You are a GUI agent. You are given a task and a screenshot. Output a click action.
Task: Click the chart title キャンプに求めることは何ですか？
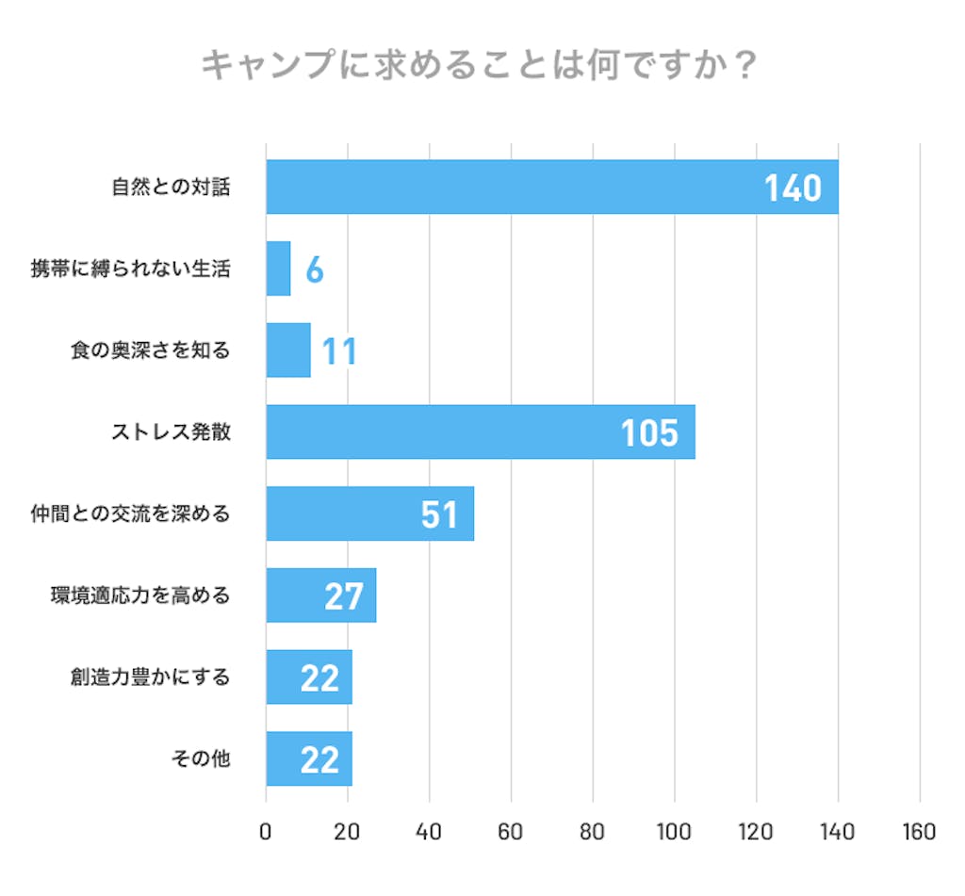[480, 67]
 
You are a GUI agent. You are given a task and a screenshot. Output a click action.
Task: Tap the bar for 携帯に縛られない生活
[278, 269]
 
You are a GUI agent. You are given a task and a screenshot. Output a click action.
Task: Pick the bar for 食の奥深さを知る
[288, 350]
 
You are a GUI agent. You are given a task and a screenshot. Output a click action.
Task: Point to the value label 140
[793, 188]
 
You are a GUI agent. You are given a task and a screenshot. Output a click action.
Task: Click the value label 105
[649, 433]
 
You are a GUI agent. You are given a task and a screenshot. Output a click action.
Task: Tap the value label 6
[315, 270]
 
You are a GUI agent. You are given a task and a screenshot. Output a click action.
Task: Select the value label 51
[439, 515]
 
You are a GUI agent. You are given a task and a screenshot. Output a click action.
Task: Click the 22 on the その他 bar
[319, 759]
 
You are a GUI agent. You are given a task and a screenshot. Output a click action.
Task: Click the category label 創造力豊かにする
[150, 677]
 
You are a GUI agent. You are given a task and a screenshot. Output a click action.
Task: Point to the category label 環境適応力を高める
[140, 595]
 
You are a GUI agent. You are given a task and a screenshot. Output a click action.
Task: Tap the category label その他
[201, 758]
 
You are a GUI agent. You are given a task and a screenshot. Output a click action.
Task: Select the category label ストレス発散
[171, 432]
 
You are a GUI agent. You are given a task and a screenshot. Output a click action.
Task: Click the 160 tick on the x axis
[919, 833]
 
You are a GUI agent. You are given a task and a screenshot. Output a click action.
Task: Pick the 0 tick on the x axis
[266, 833]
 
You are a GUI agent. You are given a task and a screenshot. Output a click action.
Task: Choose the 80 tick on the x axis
[593, 833]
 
